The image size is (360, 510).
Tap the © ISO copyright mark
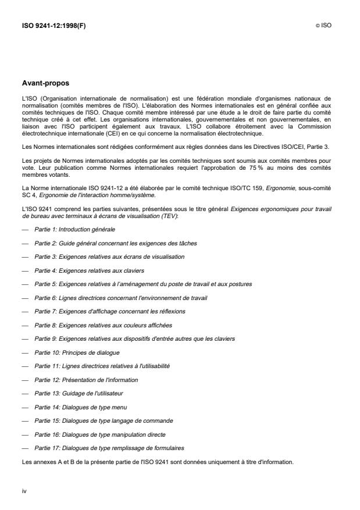(324, 26)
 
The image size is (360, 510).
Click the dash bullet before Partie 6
(26, 298)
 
